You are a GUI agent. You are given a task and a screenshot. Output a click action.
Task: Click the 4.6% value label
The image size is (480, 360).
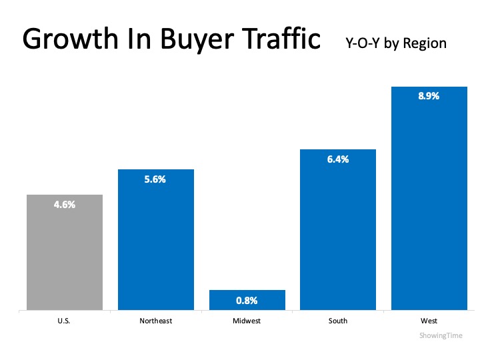point(65,205)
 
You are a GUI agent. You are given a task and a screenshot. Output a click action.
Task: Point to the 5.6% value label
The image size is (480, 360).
point(155,179)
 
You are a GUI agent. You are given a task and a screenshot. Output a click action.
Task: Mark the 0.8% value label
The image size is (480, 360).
point(247,300)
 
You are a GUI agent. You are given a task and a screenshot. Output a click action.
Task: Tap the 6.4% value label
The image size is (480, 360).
point(338,159)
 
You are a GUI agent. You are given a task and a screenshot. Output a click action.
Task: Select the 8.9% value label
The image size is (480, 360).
point(429,96)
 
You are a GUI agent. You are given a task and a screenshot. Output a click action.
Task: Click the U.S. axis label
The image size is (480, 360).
point(65,321)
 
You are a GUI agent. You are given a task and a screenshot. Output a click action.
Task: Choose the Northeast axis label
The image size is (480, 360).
point(155,321)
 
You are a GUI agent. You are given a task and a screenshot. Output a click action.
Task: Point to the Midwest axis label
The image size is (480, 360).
point(247,321)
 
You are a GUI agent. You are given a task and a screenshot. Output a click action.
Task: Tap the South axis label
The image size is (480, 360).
point(338,321)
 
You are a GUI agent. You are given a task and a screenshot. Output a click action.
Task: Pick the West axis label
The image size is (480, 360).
point(429,321)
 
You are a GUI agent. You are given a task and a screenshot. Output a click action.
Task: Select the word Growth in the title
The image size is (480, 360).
point(65,40)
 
